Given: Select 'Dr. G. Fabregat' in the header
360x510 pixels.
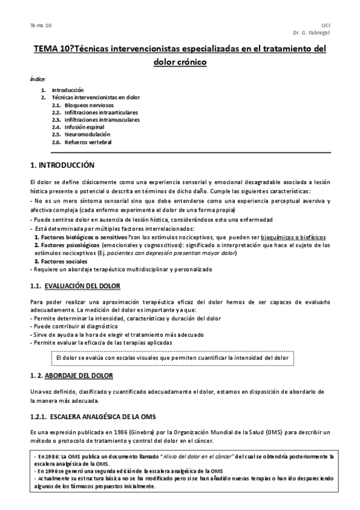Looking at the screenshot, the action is point(312,33).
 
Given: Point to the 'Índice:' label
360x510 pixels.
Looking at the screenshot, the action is point(38,79).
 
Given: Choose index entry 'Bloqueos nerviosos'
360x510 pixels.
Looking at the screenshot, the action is point(88,105).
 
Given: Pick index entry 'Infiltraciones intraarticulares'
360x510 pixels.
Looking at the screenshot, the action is point(101,112).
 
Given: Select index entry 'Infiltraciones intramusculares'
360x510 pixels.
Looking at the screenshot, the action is point(101,120).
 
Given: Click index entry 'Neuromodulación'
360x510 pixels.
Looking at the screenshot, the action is point(87,135).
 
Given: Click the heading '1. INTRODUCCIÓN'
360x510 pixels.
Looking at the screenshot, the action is point(63,164).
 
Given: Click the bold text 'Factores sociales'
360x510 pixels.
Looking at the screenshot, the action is point(61,262).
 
